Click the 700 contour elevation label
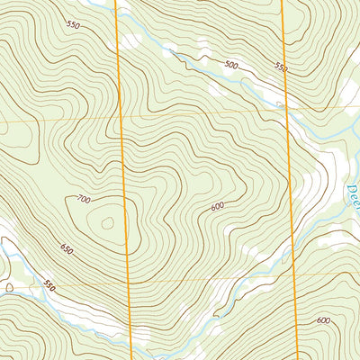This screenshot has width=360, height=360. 85,198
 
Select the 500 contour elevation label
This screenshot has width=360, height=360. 231,66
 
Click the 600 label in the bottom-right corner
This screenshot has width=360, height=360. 324,320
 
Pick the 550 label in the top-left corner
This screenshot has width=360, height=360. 74,25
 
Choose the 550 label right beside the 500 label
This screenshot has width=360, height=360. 279,67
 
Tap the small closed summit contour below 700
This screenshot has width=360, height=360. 109,221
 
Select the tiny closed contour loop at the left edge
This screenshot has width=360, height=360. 9,287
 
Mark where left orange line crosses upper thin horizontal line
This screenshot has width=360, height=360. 121,119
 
